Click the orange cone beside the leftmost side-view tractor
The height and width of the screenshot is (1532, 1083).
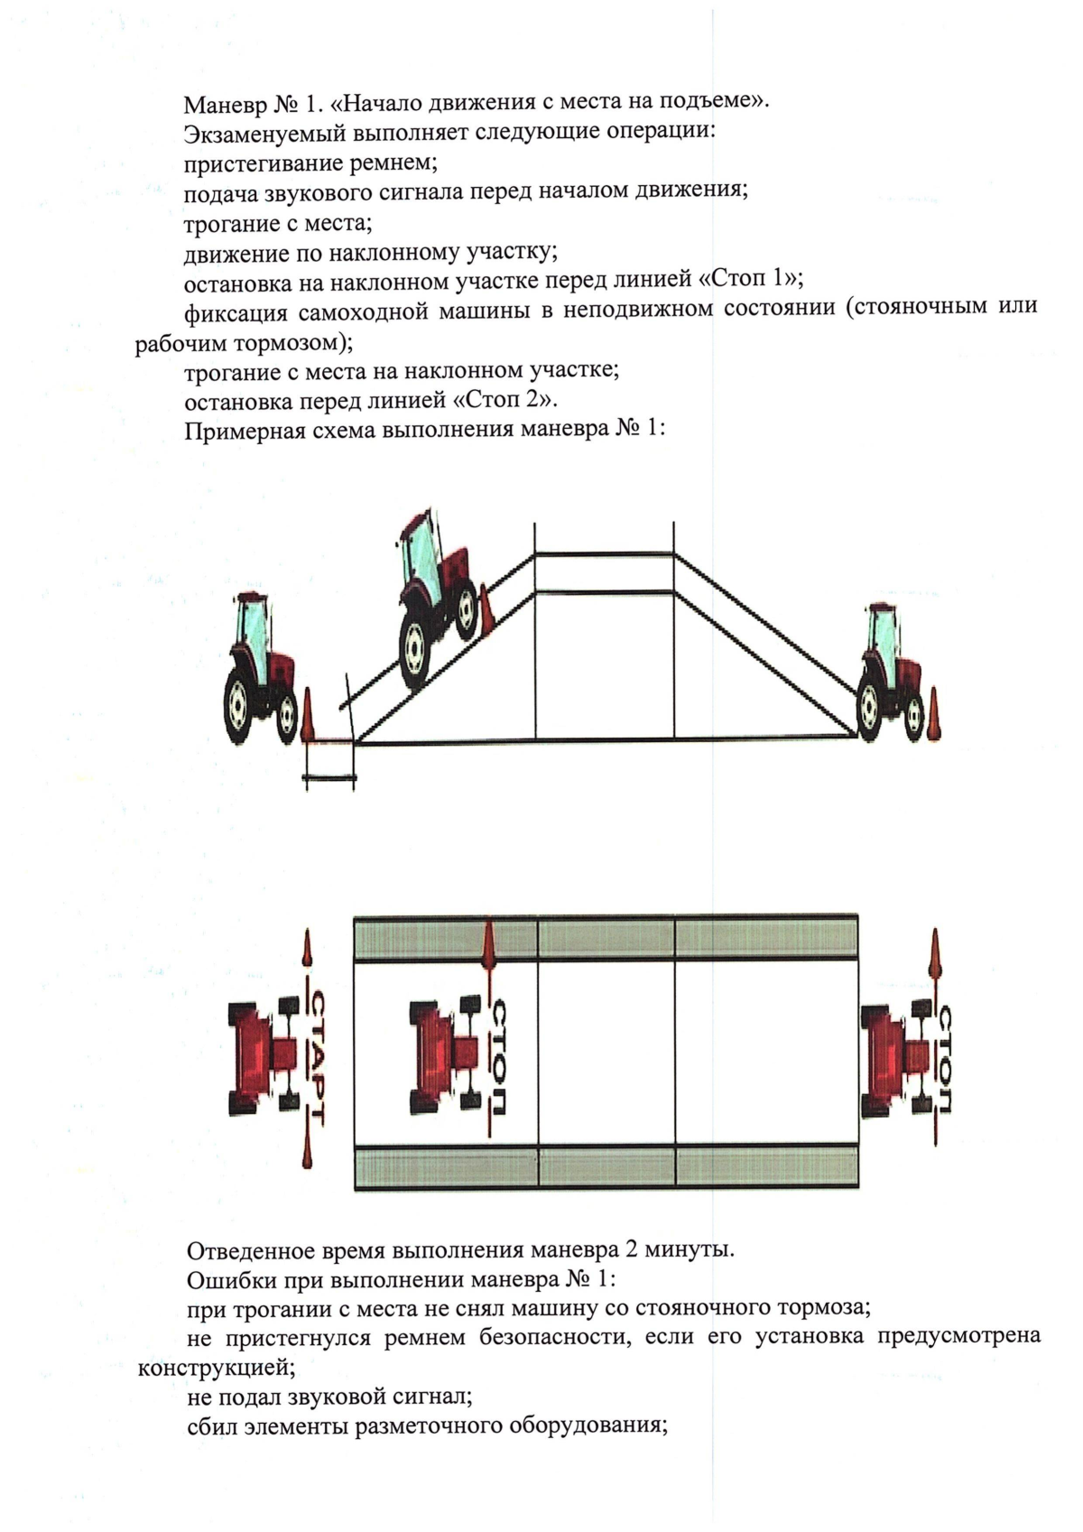pyautogui.click(x=308, y=716)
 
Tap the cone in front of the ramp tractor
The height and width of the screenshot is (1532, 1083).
pyautogui.click(x=486, y=608)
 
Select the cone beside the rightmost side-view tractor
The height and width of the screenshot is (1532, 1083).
pyautogui.click(x=934, y=714)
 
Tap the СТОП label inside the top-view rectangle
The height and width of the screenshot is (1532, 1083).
pyautogui.click(x=499, y=1057)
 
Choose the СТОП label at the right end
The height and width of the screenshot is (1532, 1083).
pyautogui.click(x=944, y=1057)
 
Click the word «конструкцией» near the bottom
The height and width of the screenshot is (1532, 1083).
pyautogui.click(x=216, y=1368)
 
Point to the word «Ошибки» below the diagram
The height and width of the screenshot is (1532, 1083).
pyautogui.click(x=222, y=1280)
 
